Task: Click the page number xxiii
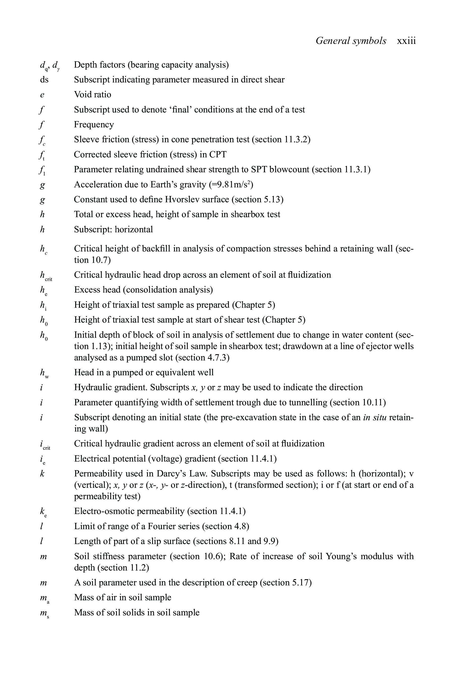pos(406,41)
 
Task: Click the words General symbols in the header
pos(351,41)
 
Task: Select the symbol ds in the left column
pos(44,80)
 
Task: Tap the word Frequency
pos(94,125)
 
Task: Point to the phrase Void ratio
pos(92,95)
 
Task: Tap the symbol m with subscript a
pos(45,598)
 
